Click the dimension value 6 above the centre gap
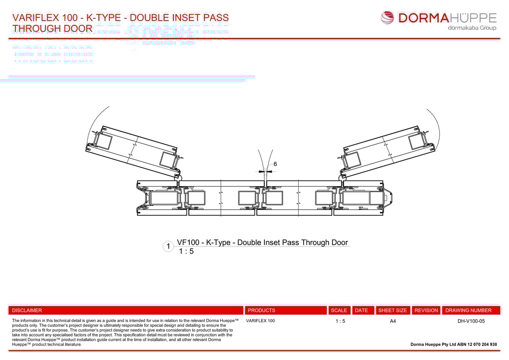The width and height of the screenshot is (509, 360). click(275, 164)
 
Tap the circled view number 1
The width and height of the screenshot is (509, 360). click(168, 246)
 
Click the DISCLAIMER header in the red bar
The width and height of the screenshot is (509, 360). click(27, 310)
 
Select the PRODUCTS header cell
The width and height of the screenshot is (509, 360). click(262, 310)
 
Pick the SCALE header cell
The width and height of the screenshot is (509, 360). click(339, 310)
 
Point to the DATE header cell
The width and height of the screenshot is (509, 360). click(361, 310)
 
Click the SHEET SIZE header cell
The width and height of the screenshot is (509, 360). click(393, 310)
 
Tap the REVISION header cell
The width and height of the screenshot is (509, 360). click(426, 310)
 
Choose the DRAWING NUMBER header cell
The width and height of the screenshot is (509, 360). click(469, 310)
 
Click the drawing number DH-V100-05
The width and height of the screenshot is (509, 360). click(471, 321)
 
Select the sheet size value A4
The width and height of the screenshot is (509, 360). click(393, 321)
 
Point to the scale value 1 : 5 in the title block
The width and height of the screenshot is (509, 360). click(340, 321)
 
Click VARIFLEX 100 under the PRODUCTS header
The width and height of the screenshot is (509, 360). click(260, 321)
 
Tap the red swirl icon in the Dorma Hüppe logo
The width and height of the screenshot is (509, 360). click(388, 18)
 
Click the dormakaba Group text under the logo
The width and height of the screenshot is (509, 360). click(472, 28)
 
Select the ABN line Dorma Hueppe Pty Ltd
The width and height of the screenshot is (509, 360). click(454, 345)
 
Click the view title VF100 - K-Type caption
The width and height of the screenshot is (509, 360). click(262, 242)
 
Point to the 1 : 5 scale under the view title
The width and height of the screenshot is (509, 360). click(186, 251)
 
